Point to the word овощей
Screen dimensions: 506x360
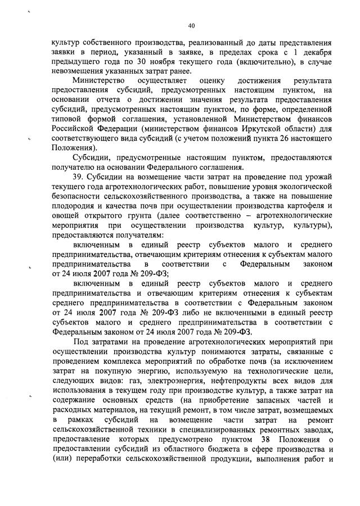(x=64, y=215)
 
